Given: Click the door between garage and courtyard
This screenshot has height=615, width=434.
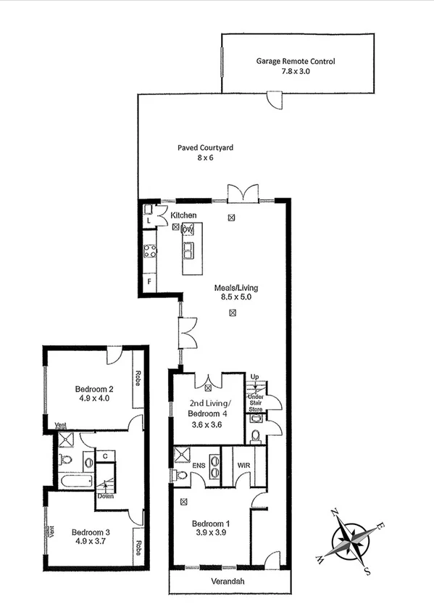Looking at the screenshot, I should [x=274, y=100].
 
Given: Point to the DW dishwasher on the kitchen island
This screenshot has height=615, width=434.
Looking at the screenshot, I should [x=188, y=230].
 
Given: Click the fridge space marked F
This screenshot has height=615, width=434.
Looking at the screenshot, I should [x=150, y=281].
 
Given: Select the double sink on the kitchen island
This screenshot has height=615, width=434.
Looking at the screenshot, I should [x=187, y=252].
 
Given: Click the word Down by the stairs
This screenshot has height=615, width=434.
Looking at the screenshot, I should [x=107, y=497].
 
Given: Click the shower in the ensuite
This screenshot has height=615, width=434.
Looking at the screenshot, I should [x=182, y=458].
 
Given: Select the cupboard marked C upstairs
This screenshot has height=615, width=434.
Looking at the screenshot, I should [x=105, y=456].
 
